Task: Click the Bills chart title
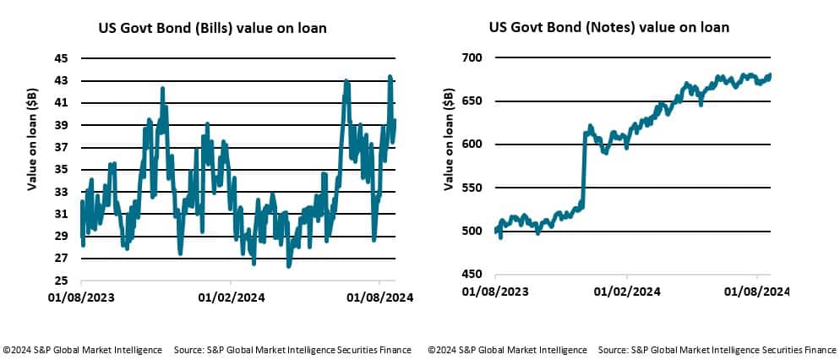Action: [x=212, y=29]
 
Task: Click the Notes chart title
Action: [x=608, y=28]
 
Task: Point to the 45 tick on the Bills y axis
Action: [x=61, y=59]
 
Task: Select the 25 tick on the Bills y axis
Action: [x=61, y=281]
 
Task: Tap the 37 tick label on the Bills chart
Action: [x=61, y=148]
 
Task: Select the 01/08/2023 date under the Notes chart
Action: [x=495, y=292]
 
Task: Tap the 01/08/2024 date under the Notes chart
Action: [x=757, y=292]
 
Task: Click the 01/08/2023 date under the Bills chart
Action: [x=81, y=297]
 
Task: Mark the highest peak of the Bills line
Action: [x=390, y=77]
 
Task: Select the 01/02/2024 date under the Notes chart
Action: [x=626, y=292]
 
